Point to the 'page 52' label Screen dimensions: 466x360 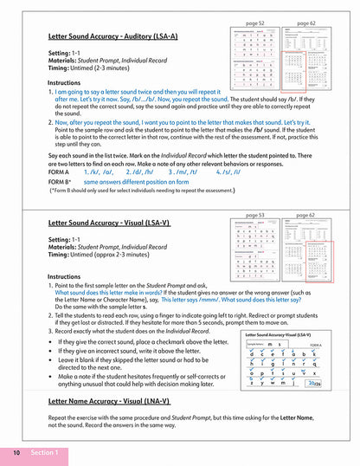[255, 23]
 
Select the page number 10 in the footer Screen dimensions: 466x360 [16, 453]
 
